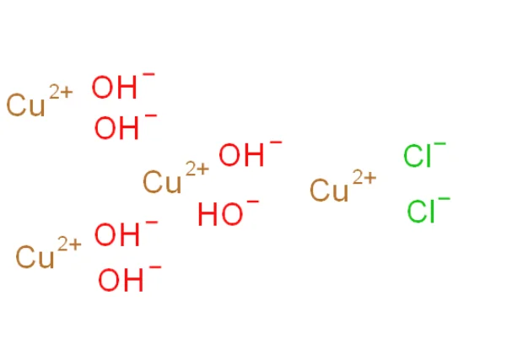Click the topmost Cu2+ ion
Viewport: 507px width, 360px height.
coord(25,105)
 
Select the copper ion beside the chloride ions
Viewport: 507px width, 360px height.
coord(330,190)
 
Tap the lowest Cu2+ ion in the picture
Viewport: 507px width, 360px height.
coord(35,257)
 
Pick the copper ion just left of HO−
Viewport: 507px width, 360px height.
coord(163,180)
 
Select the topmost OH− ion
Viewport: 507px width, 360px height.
coord(113,87)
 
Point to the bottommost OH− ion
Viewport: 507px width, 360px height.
coord(121,280)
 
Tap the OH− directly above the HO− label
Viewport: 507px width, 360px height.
coord(240,156)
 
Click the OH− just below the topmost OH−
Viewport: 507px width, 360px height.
coord(116,128)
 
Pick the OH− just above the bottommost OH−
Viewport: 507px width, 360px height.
coord(116,235)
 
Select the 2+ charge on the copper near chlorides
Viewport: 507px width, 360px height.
coord(364,178)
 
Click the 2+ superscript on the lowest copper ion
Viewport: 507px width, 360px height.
coord(69,244)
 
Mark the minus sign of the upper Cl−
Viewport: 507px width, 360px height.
coord(440,145)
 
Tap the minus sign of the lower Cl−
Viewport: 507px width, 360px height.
coord(445,199)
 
